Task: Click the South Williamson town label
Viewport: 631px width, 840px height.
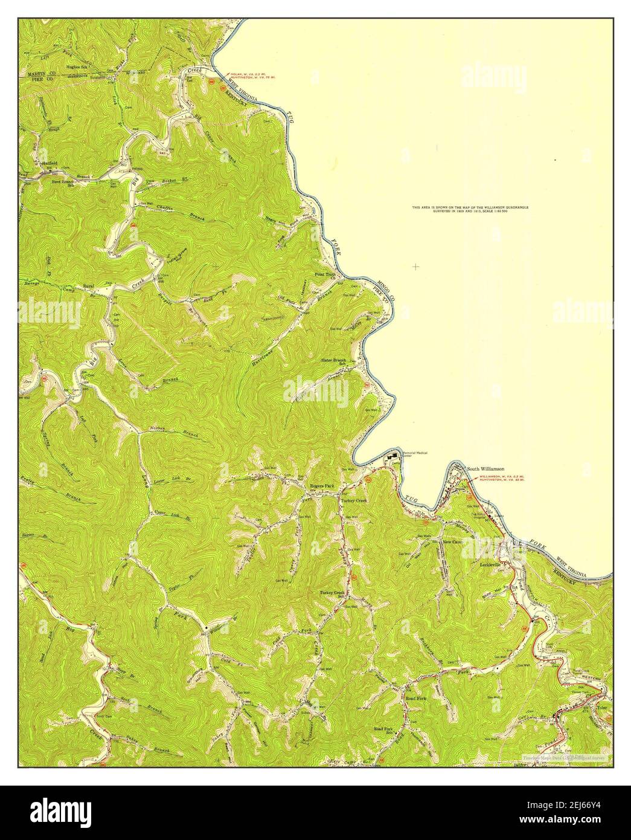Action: coord(485,468)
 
